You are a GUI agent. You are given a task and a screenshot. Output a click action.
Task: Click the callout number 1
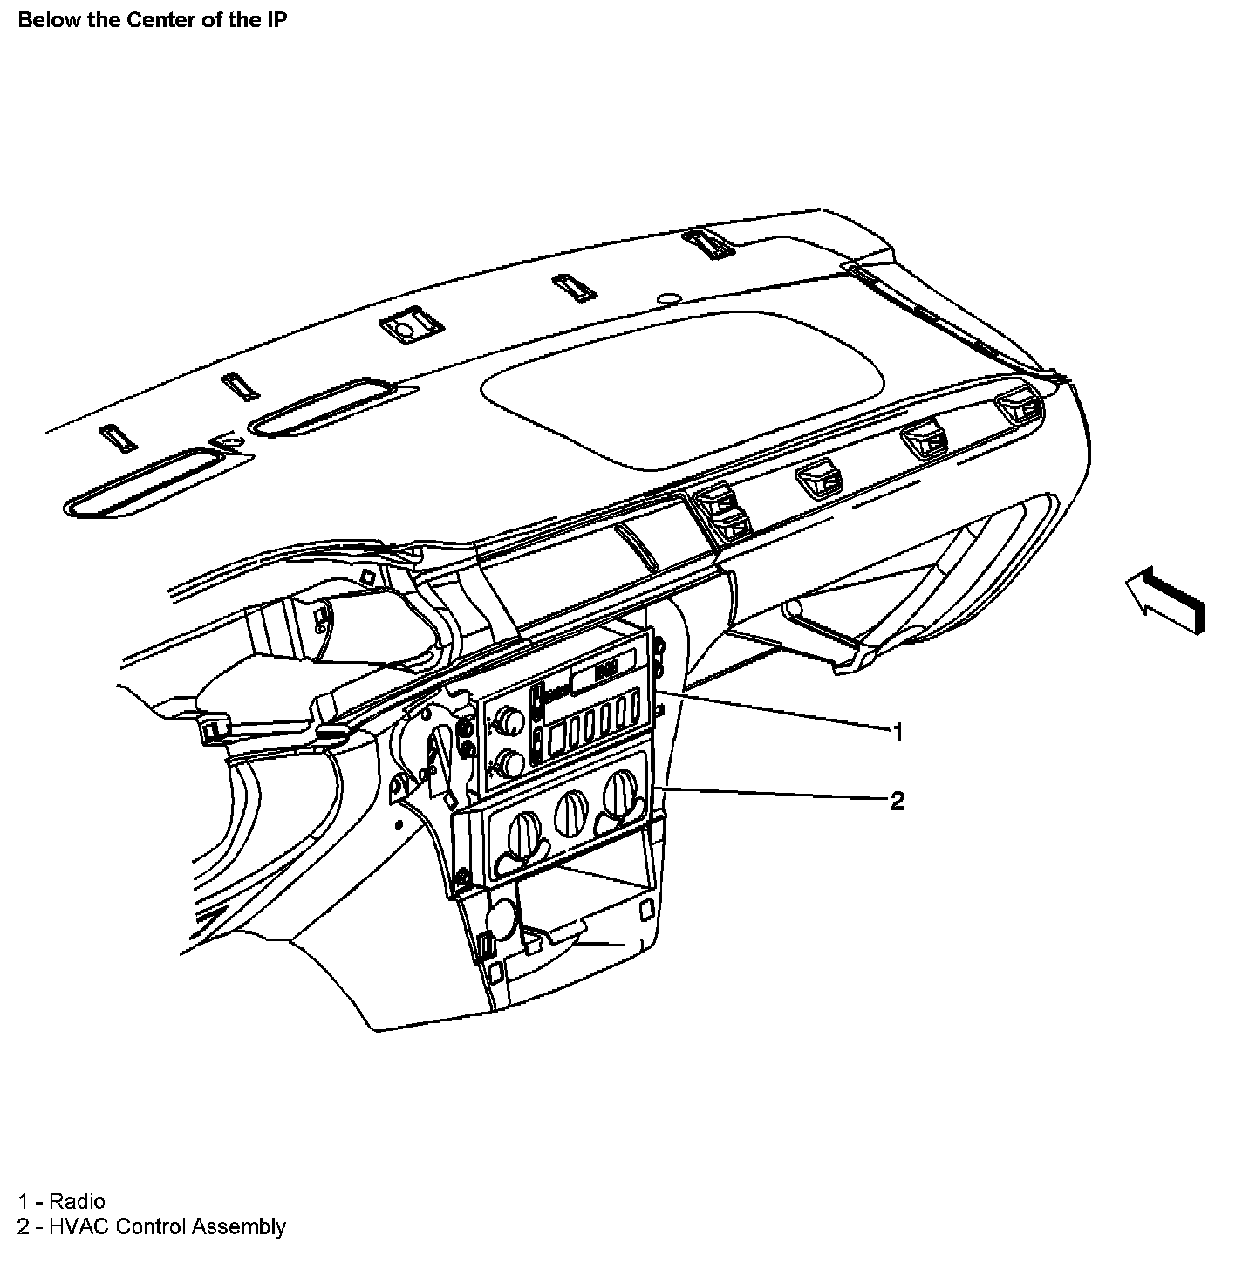coord(897,732)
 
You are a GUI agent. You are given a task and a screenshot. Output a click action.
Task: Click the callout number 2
coord(897,800)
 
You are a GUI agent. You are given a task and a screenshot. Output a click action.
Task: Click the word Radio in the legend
coord(77,1201)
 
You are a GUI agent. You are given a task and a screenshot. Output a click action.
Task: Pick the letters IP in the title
coord(276,20)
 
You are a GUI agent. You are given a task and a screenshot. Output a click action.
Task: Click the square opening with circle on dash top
coord(409,327)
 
